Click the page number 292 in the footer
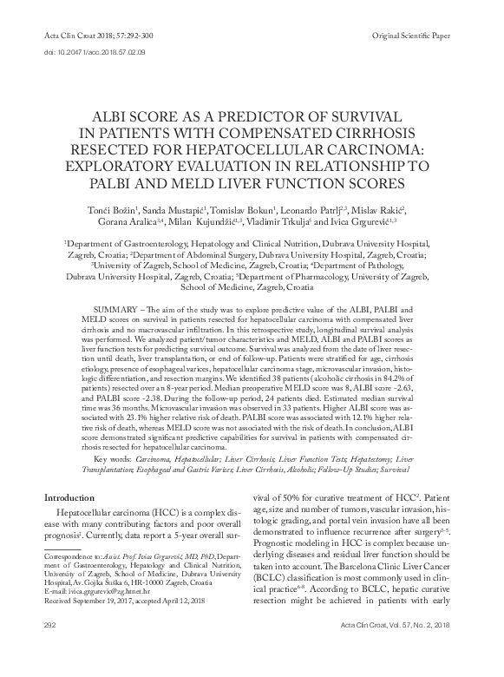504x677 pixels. tap(49, 649)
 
